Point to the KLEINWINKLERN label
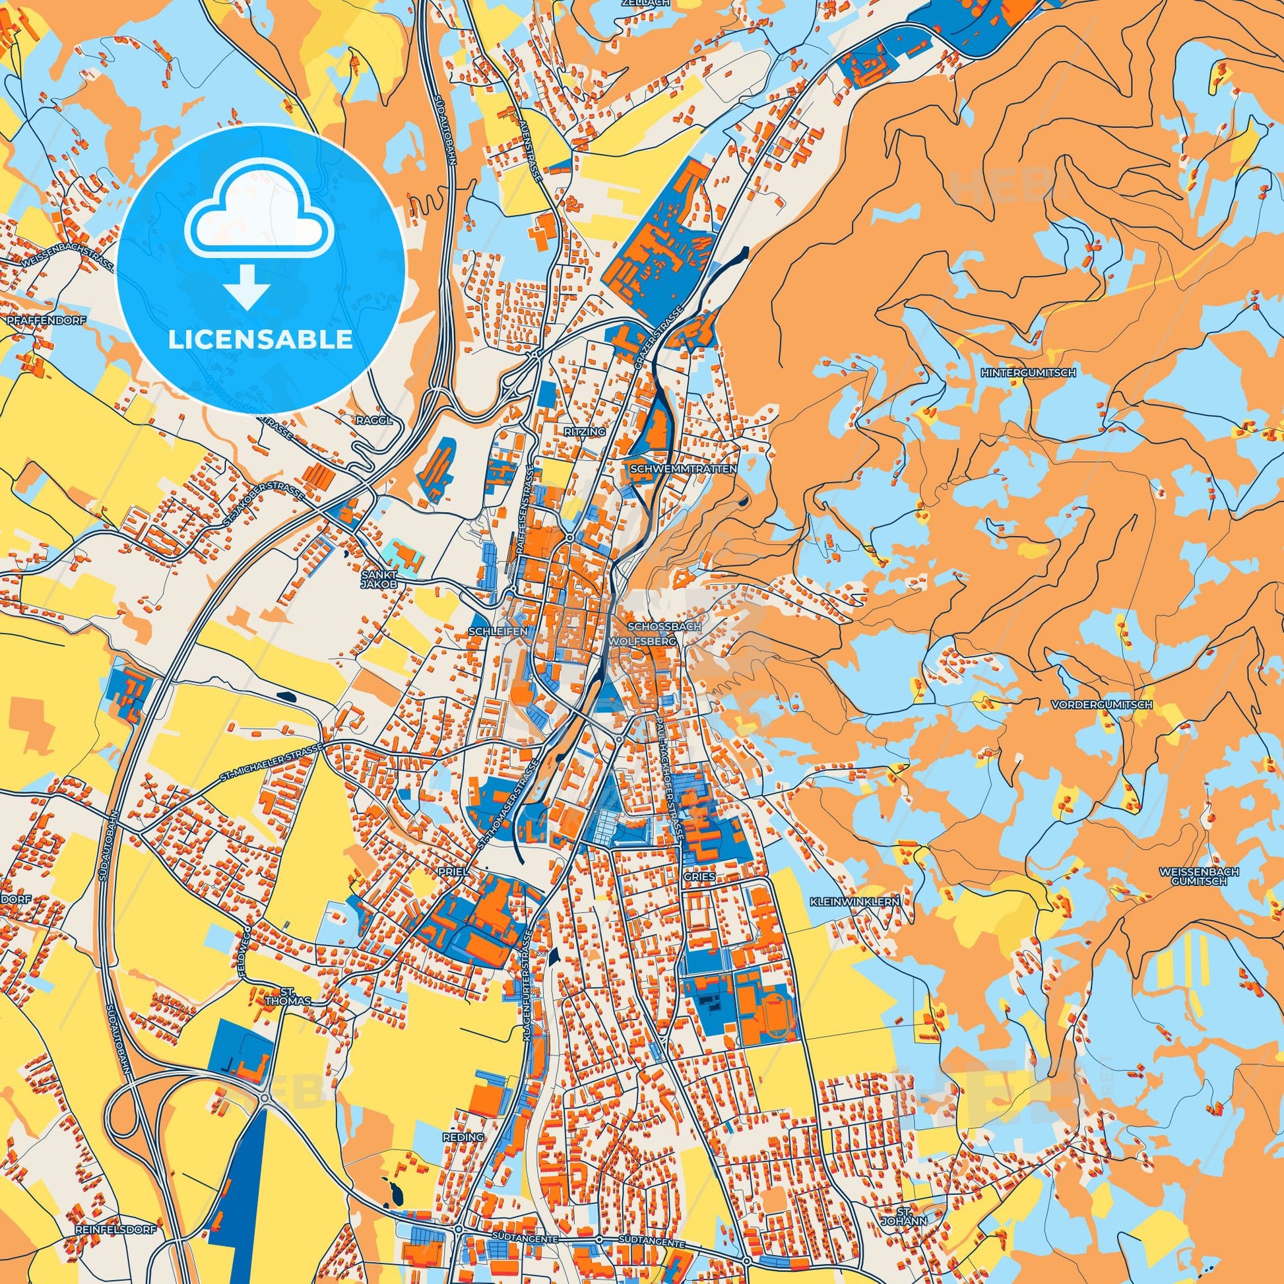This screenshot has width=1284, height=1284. pyautogui.click(x=854, y=902)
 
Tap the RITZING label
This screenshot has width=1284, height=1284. pyautogui.click(x=585, y=432)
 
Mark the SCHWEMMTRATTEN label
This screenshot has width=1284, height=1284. pyautogui.click(x=682, y=468)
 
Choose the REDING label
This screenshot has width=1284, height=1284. pyautogui.click(x=463, y=1118)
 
